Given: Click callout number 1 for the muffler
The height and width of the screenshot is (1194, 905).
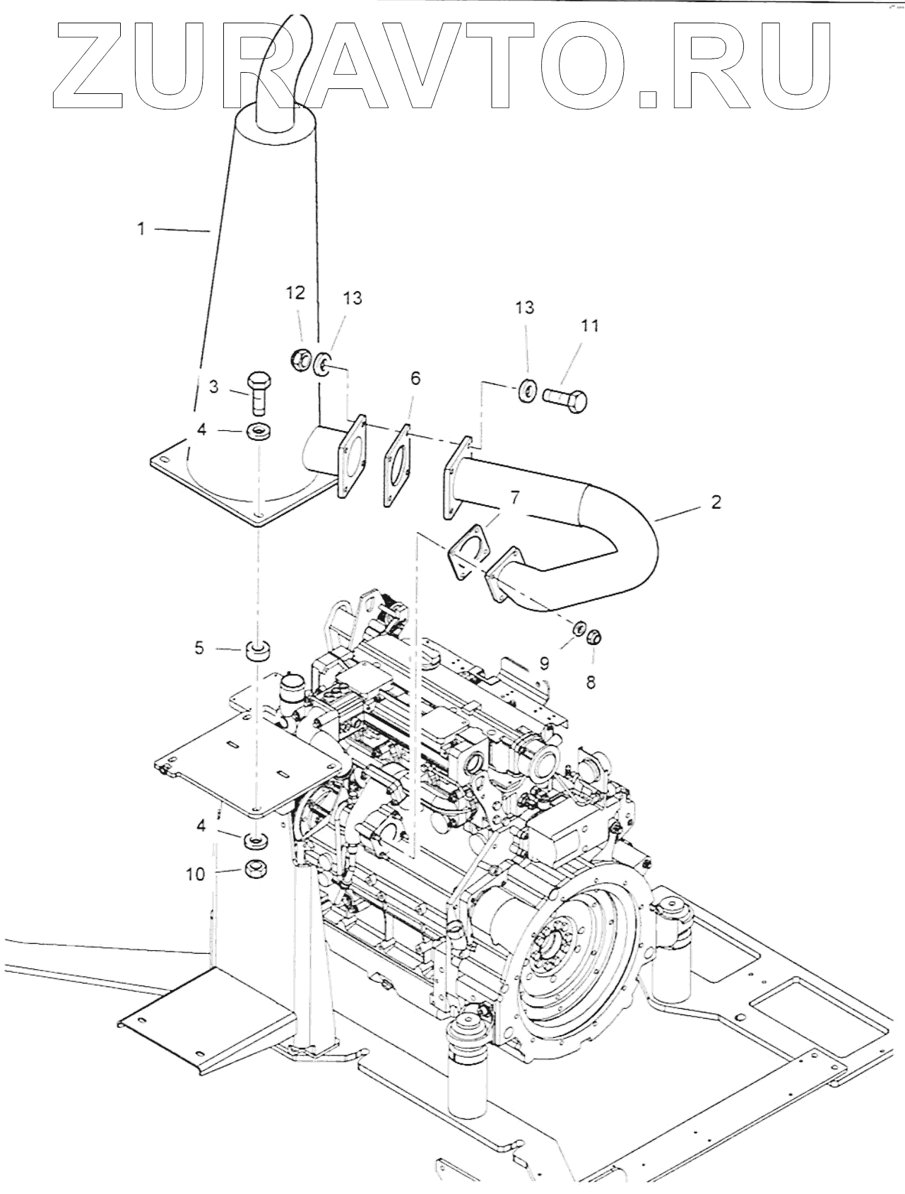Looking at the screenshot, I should [x=141, y=228].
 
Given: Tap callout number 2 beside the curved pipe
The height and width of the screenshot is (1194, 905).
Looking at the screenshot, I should [x=716, y=502].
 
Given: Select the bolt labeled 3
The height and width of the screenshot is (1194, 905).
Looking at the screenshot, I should [x=259, y=394].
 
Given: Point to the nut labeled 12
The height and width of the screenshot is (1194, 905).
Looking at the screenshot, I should [x=300, y=360].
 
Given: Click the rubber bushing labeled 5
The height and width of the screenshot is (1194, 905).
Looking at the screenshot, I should [x=258, y=650].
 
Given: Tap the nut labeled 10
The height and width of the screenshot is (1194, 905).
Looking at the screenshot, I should [x=255, y=869].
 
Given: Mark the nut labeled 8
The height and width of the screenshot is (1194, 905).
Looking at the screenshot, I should [x=593, y=637].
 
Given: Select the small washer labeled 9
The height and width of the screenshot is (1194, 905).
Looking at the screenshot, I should [x=578, y=628].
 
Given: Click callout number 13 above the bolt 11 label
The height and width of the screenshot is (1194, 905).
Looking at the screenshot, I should [x=524, y=307].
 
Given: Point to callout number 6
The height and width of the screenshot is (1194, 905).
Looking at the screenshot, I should [x=415, y=379].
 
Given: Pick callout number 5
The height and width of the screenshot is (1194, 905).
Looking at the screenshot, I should [x=200, y=646].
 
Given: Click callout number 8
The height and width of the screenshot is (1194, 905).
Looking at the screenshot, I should [x=591, y=682].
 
